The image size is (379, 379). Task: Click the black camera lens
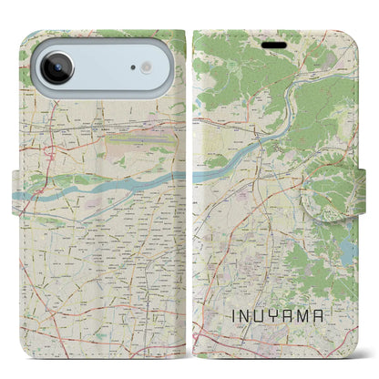click(56, 69)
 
